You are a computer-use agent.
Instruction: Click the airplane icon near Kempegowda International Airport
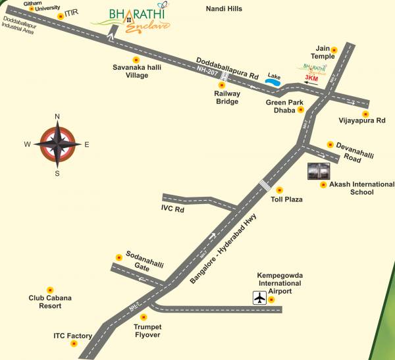[261, 298]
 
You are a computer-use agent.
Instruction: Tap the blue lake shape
[273, 82]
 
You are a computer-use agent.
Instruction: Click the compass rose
[57, 144]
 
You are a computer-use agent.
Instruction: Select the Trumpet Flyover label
[147, 330]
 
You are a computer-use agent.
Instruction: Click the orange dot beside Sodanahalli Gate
[119, 256]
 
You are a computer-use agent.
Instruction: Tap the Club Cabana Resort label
[50, 302]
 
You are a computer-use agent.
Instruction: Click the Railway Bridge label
[227, 97]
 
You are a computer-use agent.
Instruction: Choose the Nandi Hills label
[224, 9]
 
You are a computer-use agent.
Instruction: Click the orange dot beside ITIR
[61, 14]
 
